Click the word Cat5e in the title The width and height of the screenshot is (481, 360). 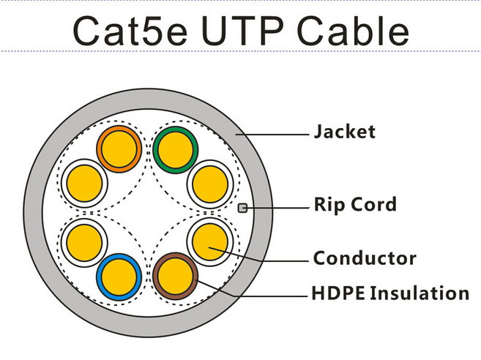[130, 31]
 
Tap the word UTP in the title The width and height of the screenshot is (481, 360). [242, 31]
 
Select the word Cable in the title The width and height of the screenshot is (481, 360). [353, 30]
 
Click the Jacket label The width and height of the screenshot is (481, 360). [345, 132]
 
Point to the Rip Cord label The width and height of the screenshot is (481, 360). [355, 205]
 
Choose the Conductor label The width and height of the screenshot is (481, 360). [365, 258]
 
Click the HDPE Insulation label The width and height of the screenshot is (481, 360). [390, 293]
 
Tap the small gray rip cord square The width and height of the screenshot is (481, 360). [242, 209]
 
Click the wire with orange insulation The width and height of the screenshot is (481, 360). [119, 149]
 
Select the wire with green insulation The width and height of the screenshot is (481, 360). [176, 150]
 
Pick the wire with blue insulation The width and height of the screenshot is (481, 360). [119, 277]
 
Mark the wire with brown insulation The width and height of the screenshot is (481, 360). [176, 276]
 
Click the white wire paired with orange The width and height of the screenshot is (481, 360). [84, 184]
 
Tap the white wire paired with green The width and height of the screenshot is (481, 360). [210, 184]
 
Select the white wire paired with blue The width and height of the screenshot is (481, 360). [84, 242]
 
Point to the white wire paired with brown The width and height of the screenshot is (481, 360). [210, 241]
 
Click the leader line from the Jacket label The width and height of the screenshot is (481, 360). [272, 135]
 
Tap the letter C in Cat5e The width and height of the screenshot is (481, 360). [86, 31]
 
